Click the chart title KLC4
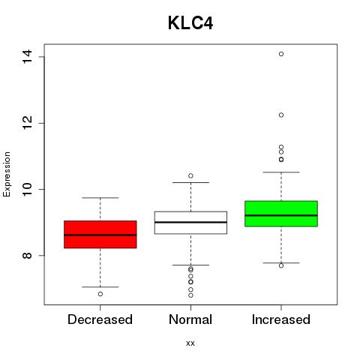(x=190, y=23)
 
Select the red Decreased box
(x=100, y=234)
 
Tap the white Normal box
(x=190, y=223)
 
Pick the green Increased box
(x=281, y=214)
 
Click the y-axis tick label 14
(x=27, y=57)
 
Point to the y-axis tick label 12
(x=27, y=123)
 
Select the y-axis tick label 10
(x=27, y=189)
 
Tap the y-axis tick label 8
(x=27, y=255)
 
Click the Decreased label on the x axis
(x=100, y=319)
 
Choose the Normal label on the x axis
(x=190, y=319)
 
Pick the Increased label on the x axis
(x=281, y=319)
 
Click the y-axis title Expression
(x=7, y=174)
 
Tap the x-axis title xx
(x=190, y=343)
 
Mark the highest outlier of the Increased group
(x=281, y=54)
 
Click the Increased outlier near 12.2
(x=281, y=115)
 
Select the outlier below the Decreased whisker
(x=100, y=294)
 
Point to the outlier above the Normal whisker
(x=190, y=175)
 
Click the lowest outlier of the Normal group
(x=190, y=295)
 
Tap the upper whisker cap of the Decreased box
(x=100, y=198)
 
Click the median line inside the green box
(x=281, y=215)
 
